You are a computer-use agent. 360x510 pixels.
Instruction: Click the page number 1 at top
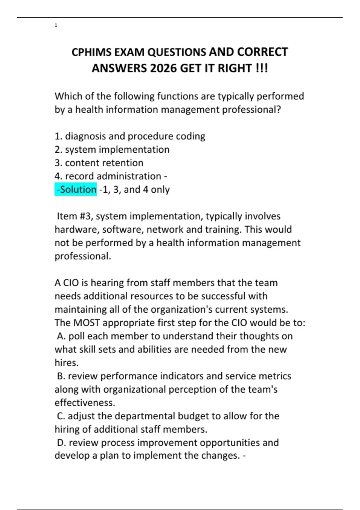pyautogui.click(x=56, y=25)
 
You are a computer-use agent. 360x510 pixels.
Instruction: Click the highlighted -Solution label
pyautogui.click(x=76, y=189)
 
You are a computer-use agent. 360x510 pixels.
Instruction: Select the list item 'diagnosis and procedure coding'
pyautogui.click(x=135, y=136)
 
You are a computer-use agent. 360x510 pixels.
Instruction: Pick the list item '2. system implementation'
pyautogui.click(x=112, y=149)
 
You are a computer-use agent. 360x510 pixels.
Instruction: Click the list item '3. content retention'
pyautogui.click(x=99, y=163)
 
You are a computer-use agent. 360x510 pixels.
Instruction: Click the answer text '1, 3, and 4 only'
pyautogui.click(x=135, y=190)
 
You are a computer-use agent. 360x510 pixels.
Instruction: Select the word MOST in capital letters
pyautogui.click(x=86, y=323)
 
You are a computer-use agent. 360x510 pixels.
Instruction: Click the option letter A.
pyautogui.click(x=61, y=336)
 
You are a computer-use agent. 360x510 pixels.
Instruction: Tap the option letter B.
pyautogui.click(x=60, y=376)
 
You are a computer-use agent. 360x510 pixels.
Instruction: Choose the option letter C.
pyautogui.click(x=60, y=416)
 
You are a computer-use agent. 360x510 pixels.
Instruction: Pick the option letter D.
pyautogui.click(x=61, y=442)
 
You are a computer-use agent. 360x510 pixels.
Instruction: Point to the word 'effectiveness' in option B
pyautogui.click(x=85, y=403)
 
